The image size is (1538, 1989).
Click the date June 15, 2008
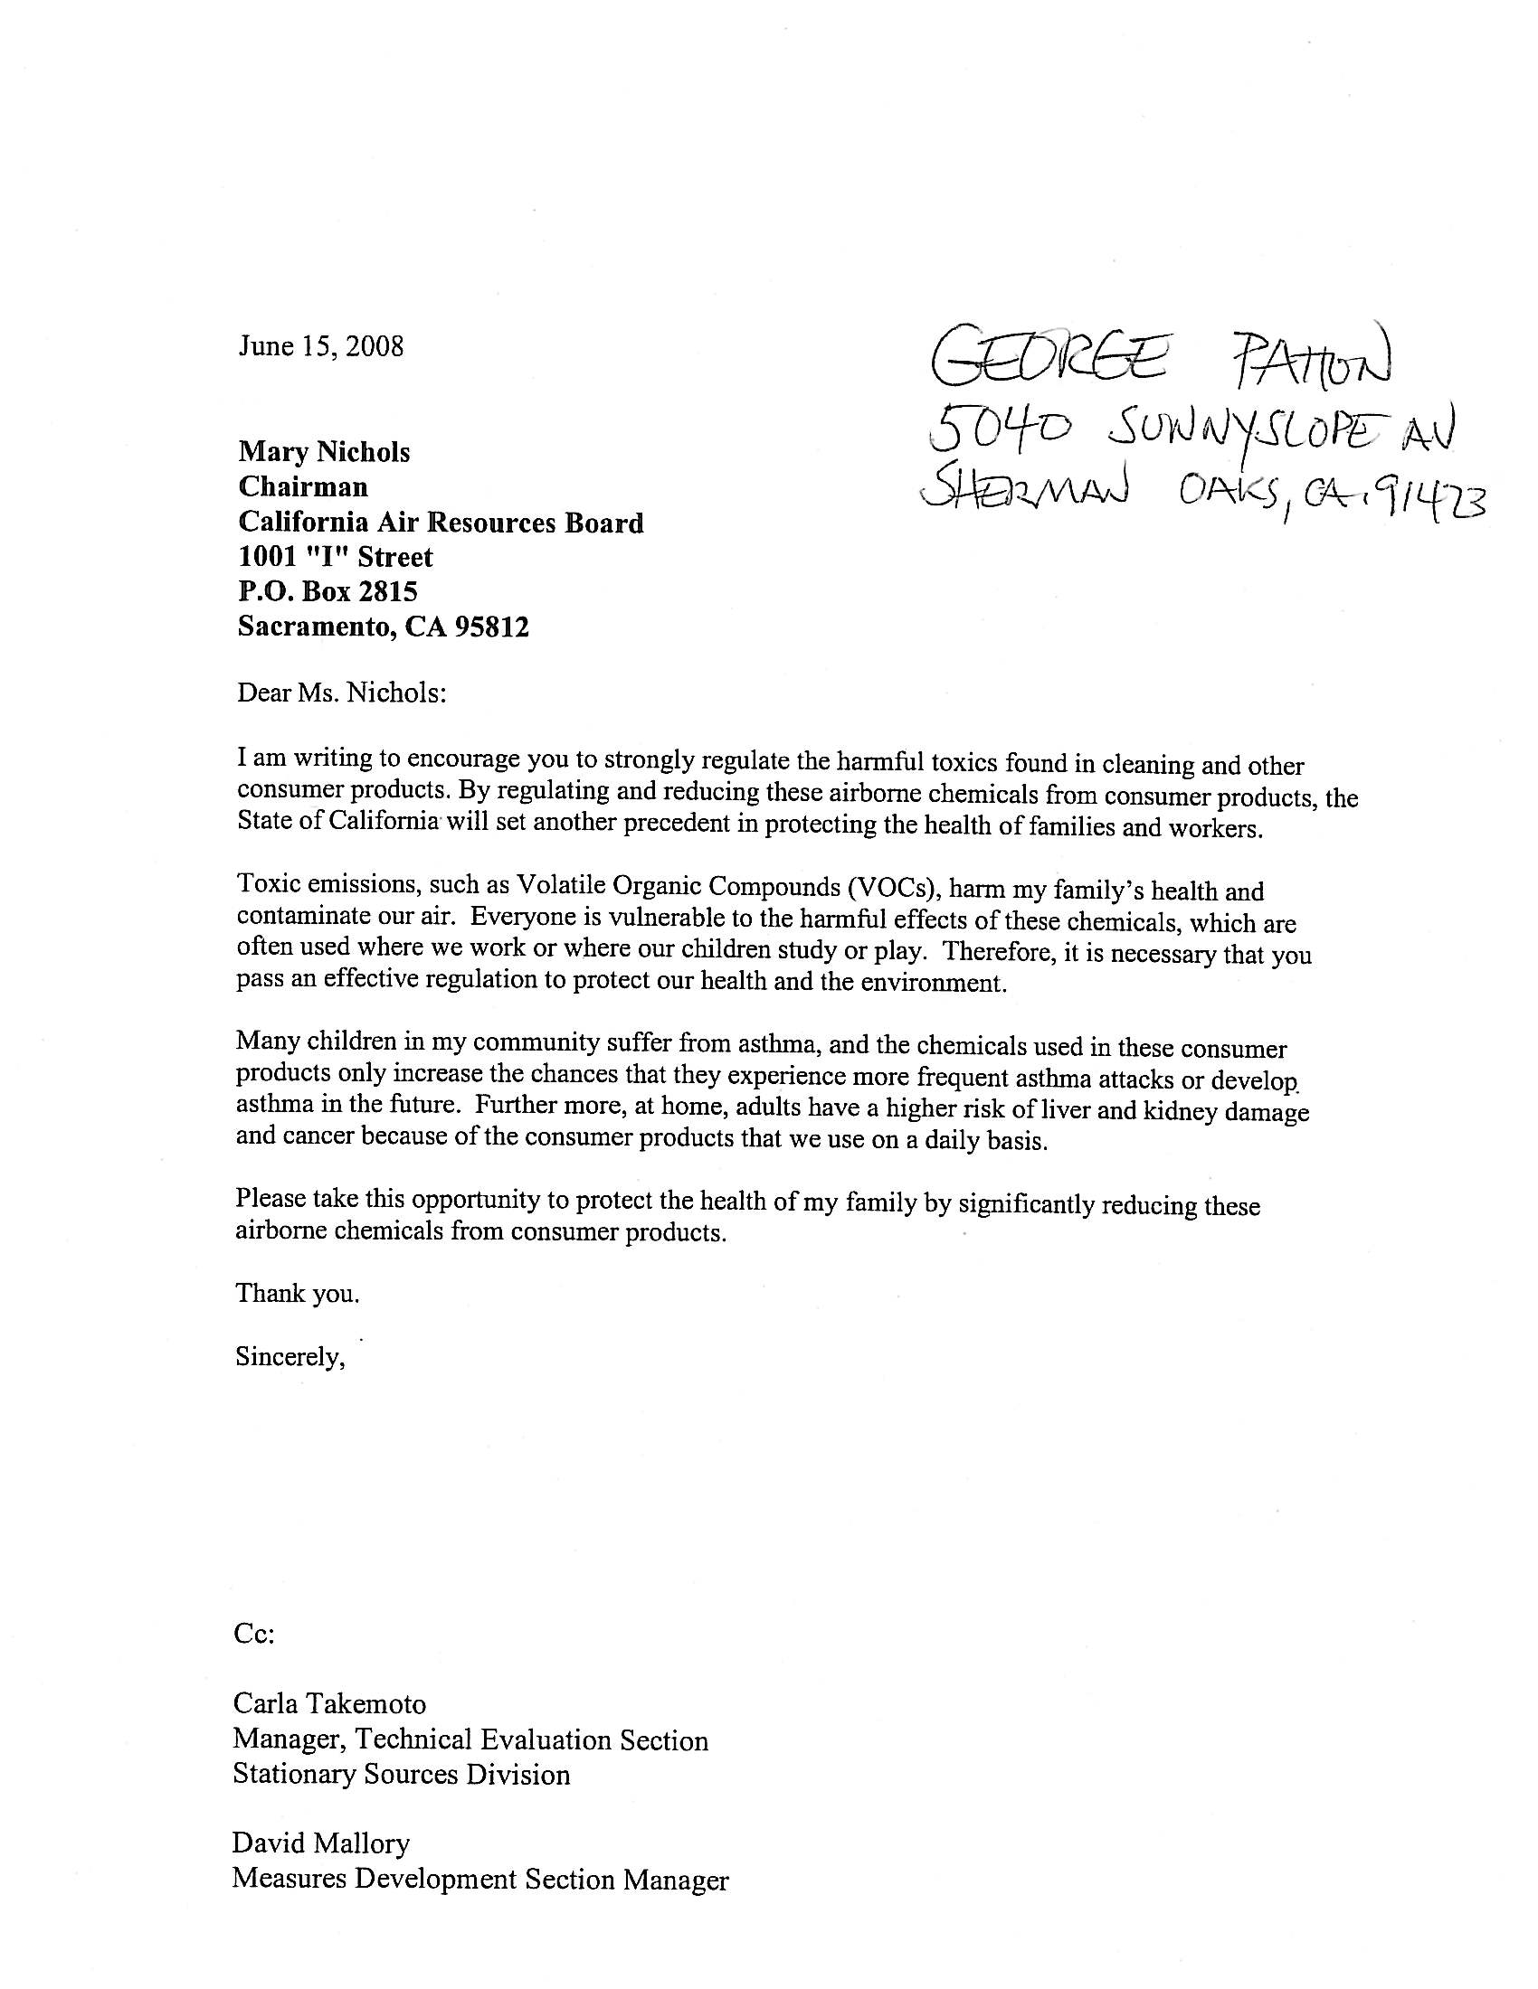(321, 347)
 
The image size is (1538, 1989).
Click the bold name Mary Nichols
(325, 453)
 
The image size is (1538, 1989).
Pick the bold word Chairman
(303, 487)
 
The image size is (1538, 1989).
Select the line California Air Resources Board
(441, 523)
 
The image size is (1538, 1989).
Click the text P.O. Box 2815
(328, 592)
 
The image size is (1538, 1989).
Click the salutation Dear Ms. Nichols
(342, 693)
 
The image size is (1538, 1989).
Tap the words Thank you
(297, 1293)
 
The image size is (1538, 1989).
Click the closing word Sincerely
(290, 1357)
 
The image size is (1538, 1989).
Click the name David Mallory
(321, 1844)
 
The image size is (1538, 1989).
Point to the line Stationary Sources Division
(402, 1774)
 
